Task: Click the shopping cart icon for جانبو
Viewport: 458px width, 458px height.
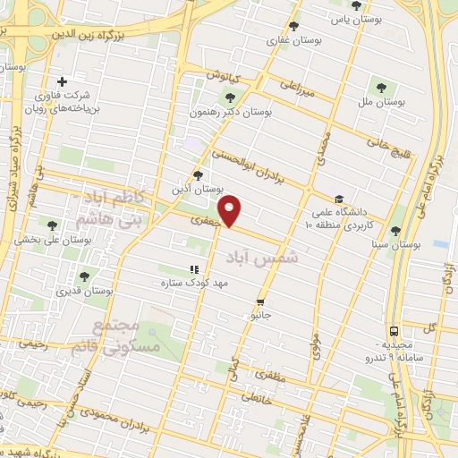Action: (260, 301)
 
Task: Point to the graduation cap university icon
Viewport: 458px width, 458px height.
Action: (338, 199)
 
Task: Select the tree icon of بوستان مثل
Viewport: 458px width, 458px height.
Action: (382, 88)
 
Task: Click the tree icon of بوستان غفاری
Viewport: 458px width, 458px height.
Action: (293, 26)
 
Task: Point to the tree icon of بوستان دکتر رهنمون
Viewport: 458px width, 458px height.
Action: (231, 98)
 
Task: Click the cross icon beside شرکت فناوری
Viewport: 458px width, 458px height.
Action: (62, 81)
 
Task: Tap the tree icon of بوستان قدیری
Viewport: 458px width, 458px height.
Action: (84, 276)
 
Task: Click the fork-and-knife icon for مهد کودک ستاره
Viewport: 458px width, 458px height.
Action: (192, 268)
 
